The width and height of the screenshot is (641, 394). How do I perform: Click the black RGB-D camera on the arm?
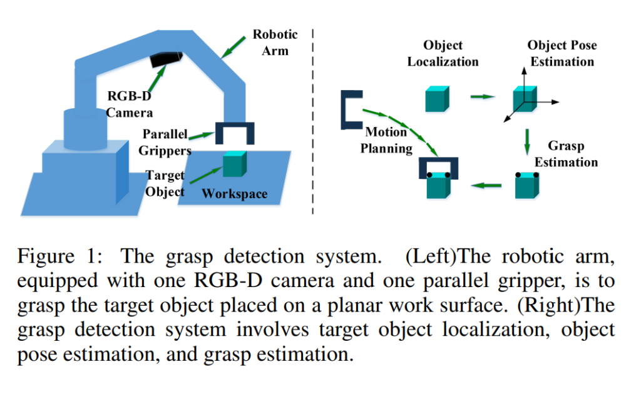(167, 59)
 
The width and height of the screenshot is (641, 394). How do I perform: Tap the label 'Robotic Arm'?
(275, 42)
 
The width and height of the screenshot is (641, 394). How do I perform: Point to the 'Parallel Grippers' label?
(167, 142)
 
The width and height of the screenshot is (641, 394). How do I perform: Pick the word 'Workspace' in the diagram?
(234, 194)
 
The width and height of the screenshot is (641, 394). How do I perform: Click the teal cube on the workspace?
(234, 164)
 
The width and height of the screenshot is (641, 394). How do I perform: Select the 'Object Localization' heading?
(443, 53)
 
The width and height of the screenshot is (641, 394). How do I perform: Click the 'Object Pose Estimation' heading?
(562, 53)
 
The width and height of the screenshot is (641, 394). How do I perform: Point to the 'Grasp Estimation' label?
(567, 154)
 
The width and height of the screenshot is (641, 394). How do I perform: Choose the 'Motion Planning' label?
(389, 140)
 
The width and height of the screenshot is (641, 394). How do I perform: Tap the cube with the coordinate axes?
(525, 99)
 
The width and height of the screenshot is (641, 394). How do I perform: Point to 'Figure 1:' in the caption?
(59, 256)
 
